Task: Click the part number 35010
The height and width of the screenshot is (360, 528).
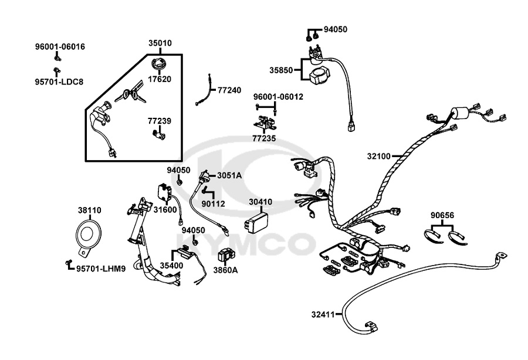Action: [160, 43]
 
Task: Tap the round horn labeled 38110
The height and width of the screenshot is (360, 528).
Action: [88, 236]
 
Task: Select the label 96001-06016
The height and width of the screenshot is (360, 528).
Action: [60, 47]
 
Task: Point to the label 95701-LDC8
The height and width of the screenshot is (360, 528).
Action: [59, 81]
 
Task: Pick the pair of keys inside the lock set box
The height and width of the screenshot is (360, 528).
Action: [131, 91]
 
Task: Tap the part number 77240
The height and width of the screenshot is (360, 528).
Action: [229, 90]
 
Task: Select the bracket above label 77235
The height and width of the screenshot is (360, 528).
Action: [265, 123]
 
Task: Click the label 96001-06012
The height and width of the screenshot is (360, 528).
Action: [278, 97]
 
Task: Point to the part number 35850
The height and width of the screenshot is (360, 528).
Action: [281, 70]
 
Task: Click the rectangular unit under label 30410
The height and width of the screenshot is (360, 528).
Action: [256, 220]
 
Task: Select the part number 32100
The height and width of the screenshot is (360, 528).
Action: [379, 156]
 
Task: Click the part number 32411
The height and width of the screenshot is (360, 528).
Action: [323, 315]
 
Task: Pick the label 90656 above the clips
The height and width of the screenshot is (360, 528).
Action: [442, 215]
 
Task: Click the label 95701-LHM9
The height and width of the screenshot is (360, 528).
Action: [101, 269]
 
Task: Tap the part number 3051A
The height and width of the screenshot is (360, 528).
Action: [229, 175]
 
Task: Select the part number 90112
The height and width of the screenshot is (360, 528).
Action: [213, 204]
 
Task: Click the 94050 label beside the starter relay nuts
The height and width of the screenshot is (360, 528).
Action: [336, 29]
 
